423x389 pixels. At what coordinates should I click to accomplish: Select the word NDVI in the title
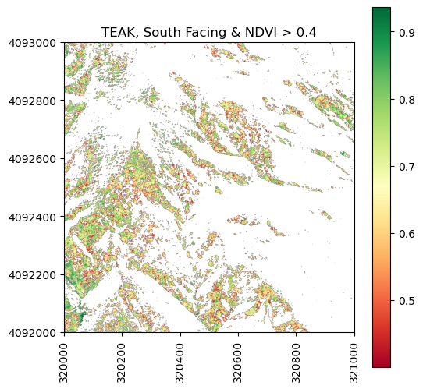[x=261, y=32]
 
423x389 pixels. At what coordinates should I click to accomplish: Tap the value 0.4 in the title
[x=306, y=32]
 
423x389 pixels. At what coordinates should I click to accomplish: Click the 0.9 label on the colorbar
[x=407, y=33]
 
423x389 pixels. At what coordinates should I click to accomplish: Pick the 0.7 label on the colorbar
[x=407, y=167]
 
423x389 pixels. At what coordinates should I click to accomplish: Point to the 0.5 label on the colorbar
[x=407, y=301]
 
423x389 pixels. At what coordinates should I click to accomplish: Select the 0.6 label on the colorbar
[x=407, y=234]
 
